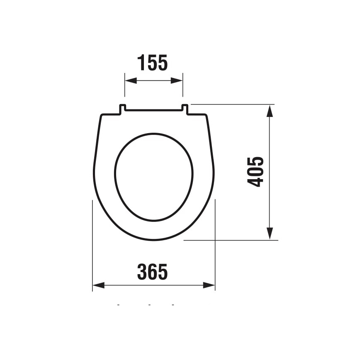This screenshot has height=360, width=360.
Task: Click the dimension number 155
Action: [x=153, y=63]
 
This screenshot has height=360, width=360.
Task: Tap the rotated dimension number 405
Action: [x=256, y=172]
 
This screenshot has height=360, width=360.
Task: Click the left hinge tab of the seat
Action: [x=123, y=109]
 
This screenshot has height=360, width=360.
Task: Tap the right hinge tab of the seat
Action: [x=185, y=109]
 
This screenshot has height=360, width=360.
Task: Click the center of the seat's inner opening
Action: [x=154, y=177]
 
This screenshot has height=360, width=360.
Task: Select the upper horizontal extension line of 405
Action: [x=232, y=104]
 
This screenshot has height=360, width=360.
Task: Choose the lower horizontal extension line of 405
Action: [x=232, y=240]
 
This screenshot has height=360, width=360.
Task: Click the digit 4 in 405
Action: [x=256, y=182]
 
